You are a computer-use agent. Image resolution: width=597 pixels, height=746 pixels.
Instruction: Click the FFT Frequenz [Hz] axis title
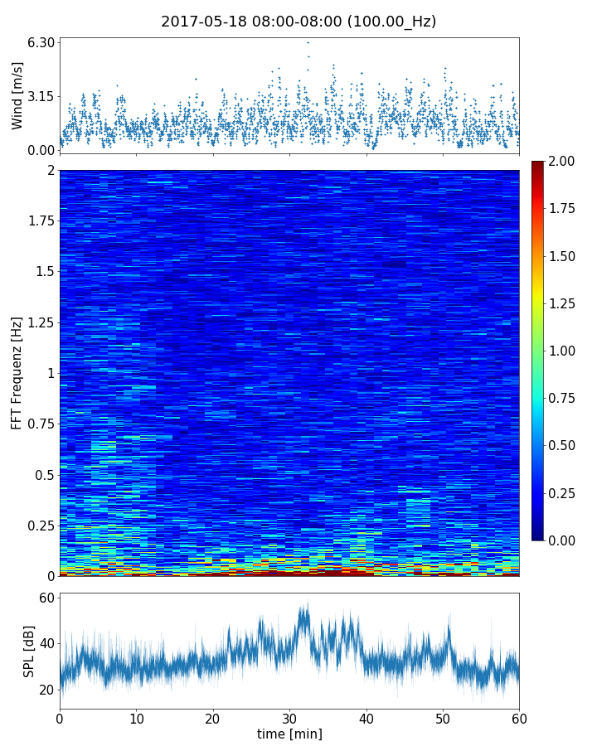coord(17,372)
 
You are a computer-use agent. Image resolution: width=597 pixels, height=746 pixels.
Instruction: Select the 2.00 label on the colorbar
coord(565,161)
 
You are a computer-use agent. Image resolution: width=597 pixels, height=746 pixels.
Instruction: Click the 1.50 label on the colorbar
coord(565,256)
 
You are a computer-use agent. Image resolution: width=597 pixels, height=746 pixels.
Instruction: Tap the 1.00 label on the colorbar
coord(565,351)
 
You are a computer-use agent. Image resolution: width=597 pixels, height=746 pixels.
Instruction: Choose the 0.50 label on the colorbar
coord(565,446)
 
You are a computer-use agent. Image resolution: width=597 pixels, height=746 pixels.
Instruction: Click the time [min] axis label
coord(289,734)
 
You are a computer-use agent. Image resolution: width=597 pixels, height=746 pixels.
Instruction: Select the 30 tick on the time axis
coord(289,717)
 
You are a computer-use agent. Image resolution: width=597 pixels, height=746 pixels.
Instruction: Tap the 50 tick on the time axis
coord(443,717)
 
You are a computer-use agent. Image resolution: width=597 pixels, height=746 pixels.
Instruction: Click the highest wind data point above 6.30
coord(308,42)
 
